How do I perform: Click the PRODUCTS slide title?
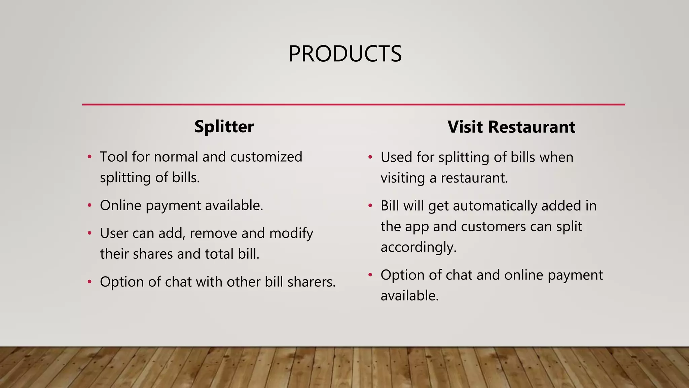click(345, 54)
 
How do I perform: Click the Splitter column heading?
click(224, 127)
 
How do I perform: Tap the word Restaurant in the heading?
click(532, 127)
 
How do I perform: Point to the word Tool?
click(113, 157)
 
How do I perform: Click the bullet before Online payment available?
click(89, 205)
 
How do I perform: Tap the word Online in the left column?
click(120, 205)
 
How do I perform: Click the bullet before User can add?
click(89, 233)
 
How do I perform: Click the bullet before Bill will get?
click(370, 205)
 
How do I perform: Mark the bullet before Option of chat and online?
click(370, 275)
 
